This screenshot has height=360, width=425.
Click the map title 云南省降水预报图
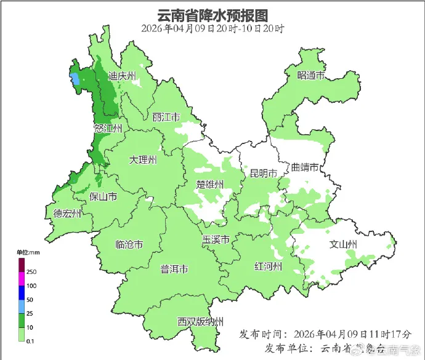pyautogui.click(x=212, y=14)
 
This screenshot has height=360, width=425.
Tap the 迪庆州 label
pyautogui.click(x=122, y=77)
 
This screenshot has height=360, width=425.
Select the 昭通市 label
pyautogui.click(x=310, y=76)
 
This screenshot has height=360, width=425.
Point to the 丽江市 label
pyautogui.click(x=166, y=117)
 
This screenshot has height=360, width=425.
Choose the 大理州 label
pyautogui.click(x=143, y=160)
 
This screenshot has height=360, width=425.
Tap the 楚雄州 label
pyautogui.click(x=210, y=184)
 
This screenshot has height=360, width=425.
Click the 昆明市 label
pyautogui.click(x=263, y=173)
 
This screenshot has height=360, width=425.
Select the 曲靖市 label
pyautogui.click(x=305, y=167)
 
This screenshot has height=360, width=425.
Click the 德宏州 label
pyautogui.click(x=67, y=214)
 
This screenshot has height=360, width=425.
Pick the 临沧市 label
pyautogui.click(x=129, y=244)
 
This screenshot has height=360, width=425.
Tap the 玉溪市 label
pyautogui.click(x=216, y=239)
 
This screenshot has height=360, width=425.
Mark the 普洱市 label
pyautogui.click(x=174, y=269)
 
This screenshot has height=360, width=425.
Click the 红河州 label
pyautogui.click(x=268, y=266)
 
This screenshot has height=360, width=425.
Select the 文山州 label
pyautogui.click(x=344, y=244)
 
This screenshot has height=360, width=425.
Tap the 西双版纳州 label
pyautogui.click(x=200, y=321)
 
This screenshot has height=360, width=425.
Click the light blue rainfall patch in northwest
pyautogui.click(x=75, y=79)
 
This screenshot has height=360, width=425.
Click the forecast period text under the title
pyautogui.click(x=212, y=28)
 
